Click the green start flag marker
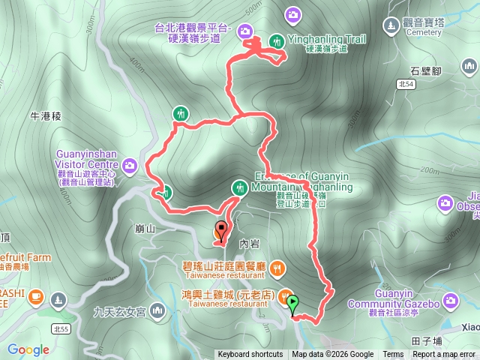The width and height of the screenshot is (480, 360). click(292, 304)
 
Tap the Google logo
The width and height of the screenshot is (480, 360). click(28, 349)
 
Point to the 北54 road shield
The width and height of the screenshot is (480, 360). click(406, 84)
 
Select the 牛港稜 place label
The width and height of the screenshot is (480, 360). click(45, 116)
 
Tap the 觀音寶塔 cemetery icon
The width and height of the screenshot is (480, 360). click(391, 25)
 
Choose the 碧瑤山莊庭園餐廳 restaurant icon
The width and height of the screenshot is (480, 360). click(277, 266)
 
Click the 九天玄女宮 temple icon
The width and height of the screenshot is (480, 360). click(157, 310)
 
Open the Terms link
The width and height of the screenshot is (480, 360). click(393, 355)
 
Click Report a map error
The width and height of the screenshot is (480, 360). click(445, 355)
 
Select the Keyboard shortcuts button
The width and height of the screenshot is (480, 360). click(250, 355)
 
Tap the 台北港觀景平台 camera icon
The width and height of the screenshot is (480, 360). click(244, 31)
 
